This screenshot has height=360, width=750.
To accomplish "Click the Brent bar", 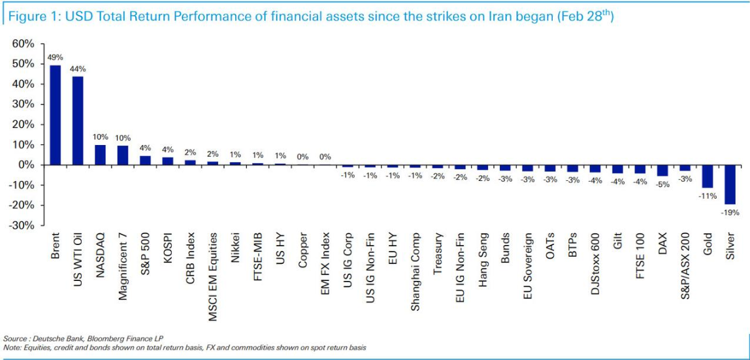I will (56, 115).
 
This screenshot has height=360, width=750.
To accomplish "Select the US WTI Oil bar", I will (78, 120).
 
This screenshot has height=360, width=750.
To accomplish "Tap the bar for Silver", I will (730, 184).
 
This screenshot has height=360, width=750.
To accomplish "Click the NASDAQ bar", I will (100, 155).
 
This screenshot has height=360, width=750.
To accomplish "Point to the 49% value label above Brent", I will (56, 57).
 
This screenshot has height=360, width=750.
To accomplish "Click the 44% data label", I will (78, 69).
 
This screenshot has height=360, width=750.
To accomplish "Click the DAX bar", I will (662, 171).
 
